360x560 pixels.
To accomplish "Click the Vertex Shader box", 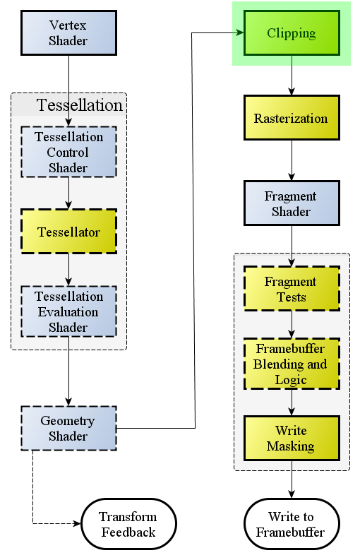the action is click(69, 33).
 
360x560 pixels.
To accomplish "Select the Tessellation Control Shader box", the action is click(69, 152).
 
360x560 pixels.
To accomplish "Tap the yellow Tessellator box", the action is click(69, 232).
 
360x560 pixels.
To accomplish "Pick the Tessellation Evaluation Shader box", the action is click(69, 311).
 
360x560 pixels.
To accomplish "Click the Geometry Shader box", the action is click(69, 428).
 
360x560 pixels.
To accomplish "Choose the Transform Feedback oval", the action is click(129, 524).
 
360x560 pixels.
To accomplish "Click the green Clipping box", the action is click(292, 33).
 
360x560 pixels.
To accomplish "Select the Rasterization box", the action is click(292, 117).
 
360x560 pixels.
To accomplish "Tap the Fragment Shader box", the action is click(292, 203).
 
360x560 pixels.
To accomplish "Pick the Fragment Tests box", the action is click(292, 289).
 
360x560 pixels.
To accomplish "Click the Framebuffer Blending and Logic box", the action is click(292, 364).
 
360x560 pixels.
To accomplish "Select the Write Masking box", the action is click(292, 439).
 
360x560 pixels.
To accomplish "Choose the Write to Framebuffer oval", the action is click(292, 524).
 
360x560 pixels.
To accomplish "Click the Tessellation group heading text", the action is click(79, 105).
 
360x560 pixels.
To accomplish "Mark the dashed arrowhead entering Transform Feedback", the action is click(78, 523).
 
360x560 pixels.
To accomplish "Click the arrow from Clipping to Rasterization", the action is click(292, 76).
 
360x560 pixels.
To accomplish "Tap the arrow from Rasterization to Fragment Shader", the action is click(292, 160).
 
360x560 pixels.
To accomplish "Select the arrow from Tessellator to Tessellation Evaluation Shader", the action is click(69, 270).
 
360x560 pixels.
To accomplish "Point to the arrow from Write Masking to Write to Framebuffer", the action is click(292, 479).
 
